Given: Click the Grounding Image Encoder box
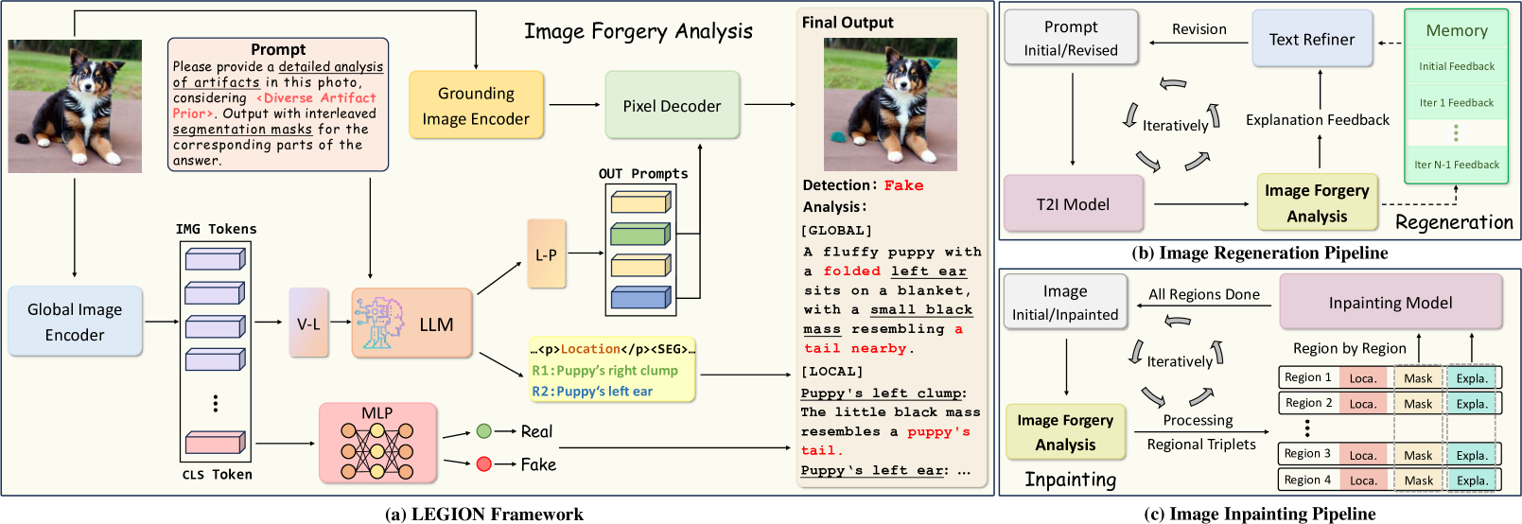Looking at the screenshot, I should tap(476, 106).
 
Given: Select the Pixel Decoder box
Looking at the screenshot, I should tap(672, 106).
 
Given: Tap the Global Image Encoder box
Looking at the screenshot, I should tap(75, 322).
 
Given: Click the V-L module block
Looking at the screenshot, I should tap(308, 323).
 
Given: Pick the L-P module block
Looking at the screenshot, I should tap(546, 254).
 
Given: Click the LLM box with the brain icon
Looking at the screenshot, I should tap(411, 323).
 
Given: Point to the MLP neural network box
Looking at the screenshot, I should tap(377, 443).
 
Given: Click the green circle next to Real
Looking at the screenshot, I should tap(483, 431).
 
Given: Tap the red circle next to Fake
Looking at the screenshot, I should tap(483, 463).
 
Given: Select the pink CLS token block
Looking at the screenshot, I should tap(215, 442).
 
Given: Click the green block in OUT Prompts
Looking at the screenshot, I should tap(640, 233).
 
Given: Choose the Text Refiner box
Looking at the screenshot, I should tap(1311, 39).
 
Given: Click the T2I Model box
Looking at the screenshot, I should tap(1073, 204).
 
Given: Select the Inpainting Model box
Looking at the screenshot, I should tap(1390, 303).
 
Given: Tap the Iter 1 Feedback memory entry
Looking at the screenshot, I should tap(1456, 103).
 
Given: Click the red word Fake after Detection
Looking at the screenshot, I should tap(903, 185).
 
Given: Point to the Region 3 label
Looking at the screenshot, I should tap(1307, 454).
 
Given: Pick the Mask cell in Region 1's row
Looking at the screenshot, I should tap(1417, 378).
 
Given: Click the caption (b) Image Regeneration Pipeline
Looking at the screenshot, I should tap(1259, 253).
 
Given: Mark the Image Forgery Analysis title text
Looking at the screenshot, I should tap(639, 31).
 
